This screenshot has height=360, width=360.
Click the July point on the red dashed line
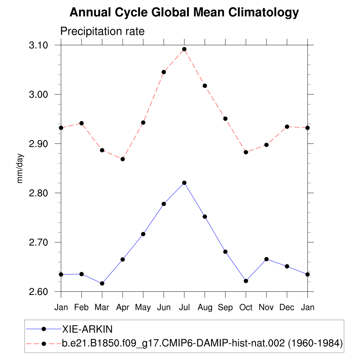click(x=184, y=49)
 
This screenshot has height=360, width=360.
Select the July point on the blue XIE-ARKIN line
click(x=184, y=183)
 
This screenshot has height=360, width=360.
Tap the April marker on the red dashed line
click(x=123, y=159)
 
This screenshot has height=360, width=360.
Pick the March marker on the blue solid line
click(x=102, y=283)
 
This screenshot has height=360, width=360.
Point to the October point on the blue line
click(x=246, y=281)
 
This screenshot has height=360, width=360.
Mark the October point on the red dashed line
click(x=246, y=152)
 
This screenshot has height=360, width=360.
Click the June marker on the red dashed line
click(x=163, y=72)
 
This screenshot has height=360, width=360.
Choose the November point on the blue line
click(x=266, y=259)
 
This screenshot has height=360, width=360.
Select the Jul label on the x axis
click(x=184, y=307)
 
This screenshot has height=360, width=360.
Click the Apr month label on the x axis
click(x=123, y=308)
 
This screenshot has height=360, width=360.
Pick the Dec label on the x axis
click(x=287, y=307)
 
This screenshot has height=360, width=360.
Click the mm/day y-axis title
click(x=20, y=168)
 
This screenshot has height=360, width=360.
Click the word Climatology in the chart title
click(x=264, y=13)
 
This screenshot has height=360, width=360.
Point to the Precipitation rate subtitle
click(x=102, y=31)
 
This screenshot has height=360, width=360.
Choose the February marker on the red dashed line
click(x=82, y=123)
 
